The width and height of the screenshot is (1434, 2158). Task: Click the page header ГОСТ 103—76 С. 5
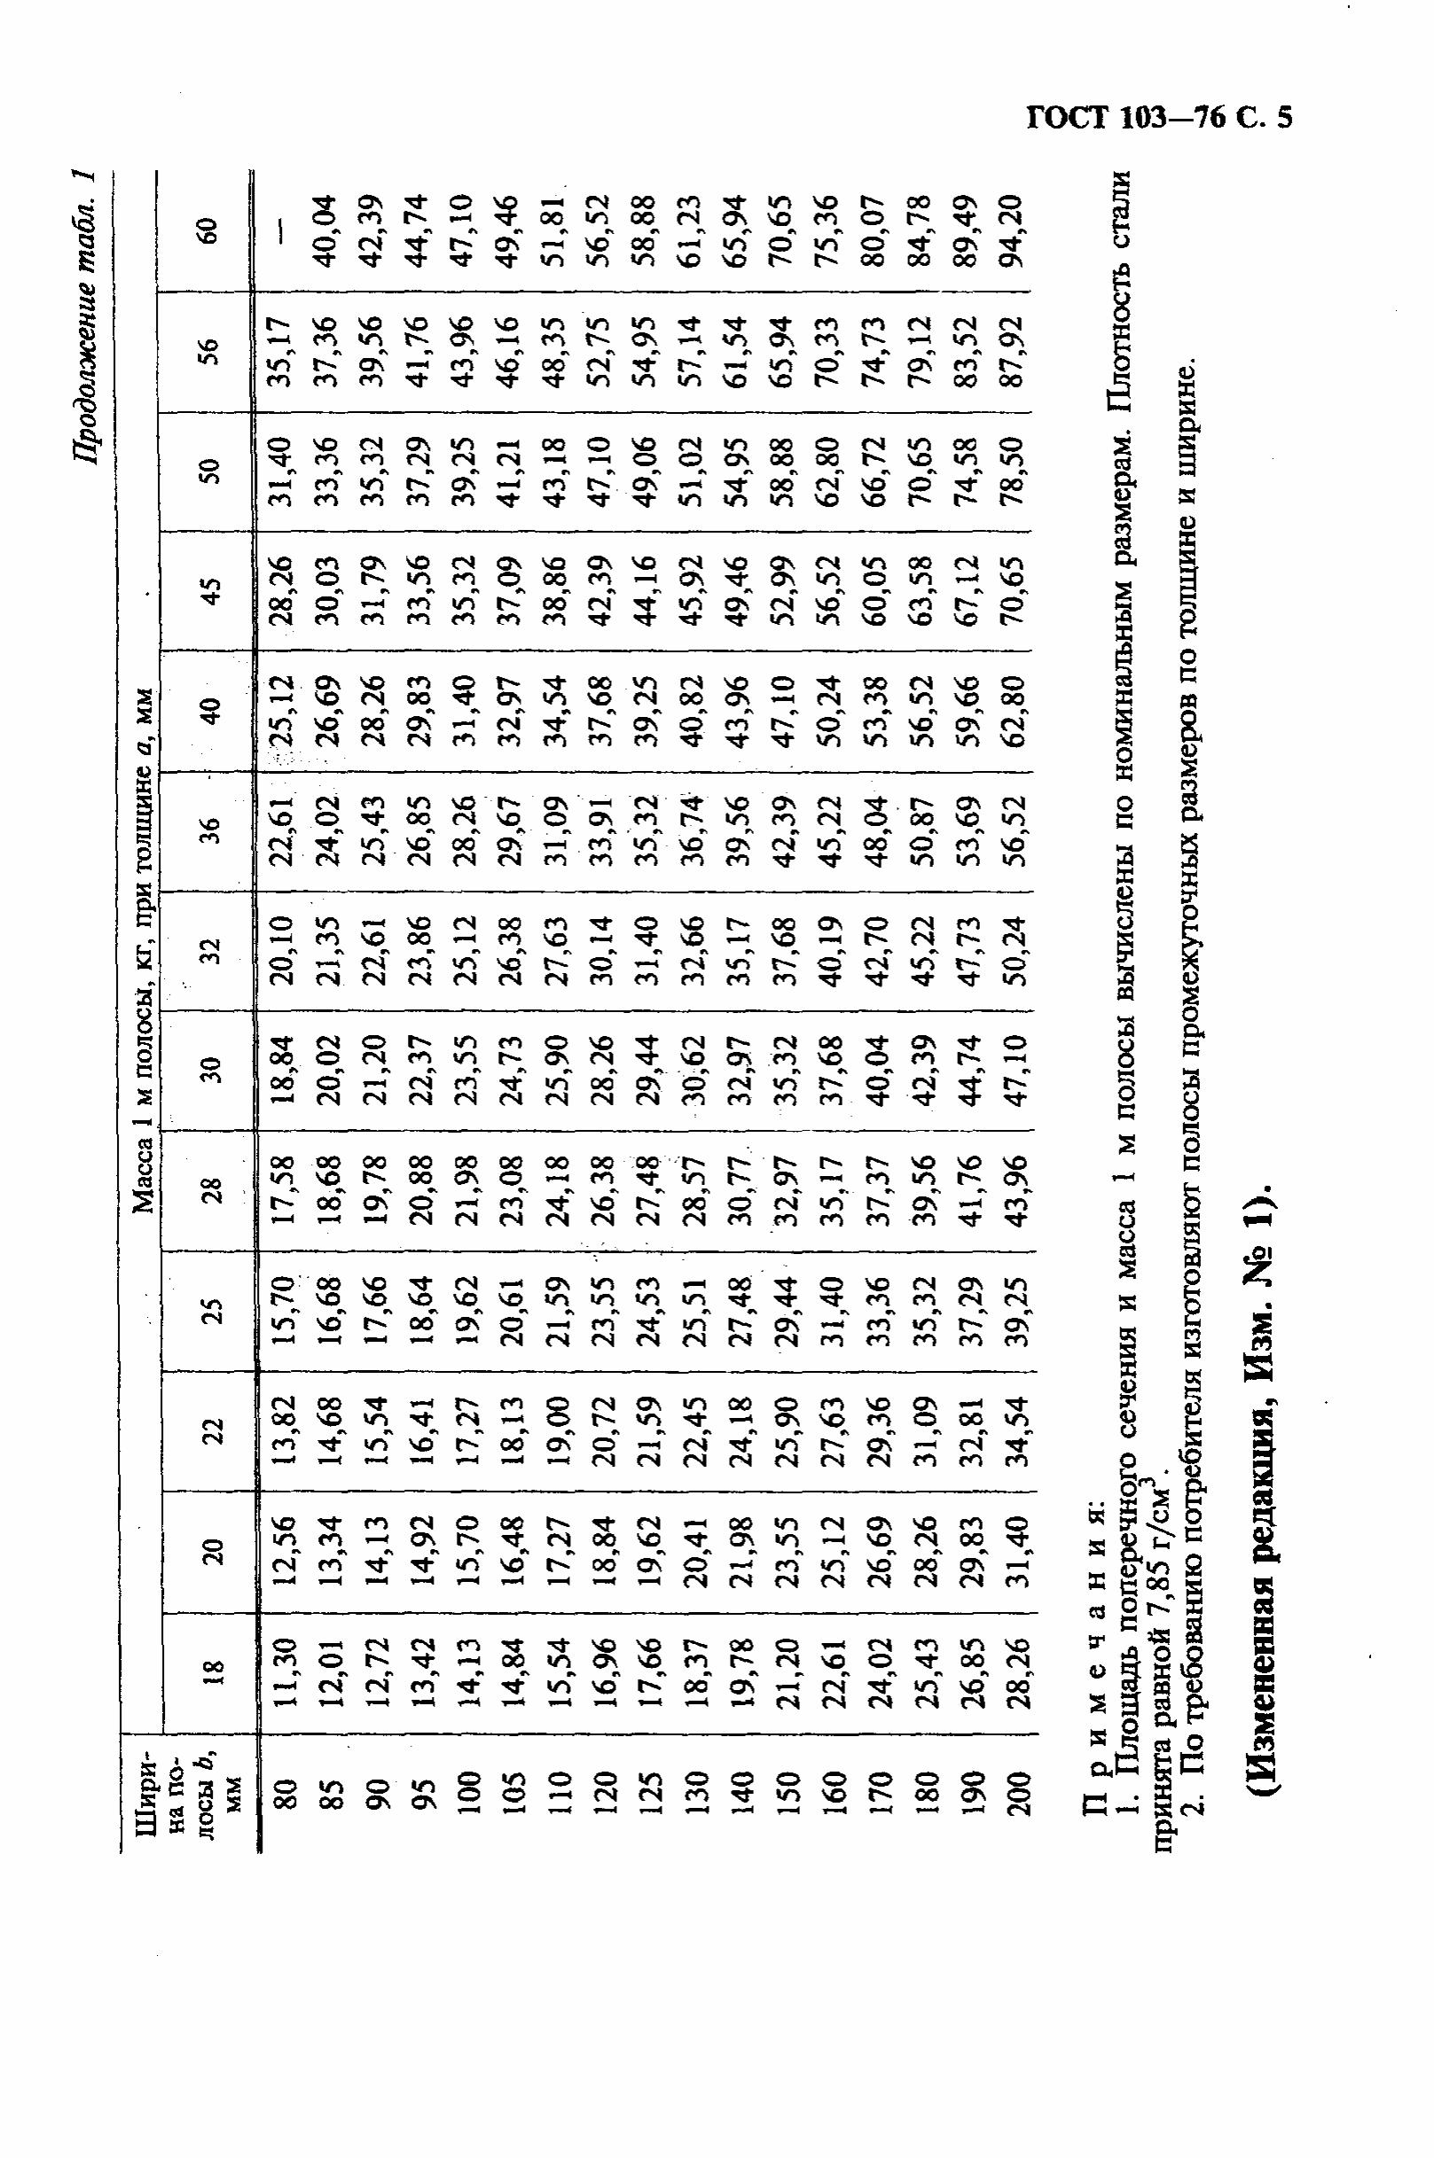[1158, 120]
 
